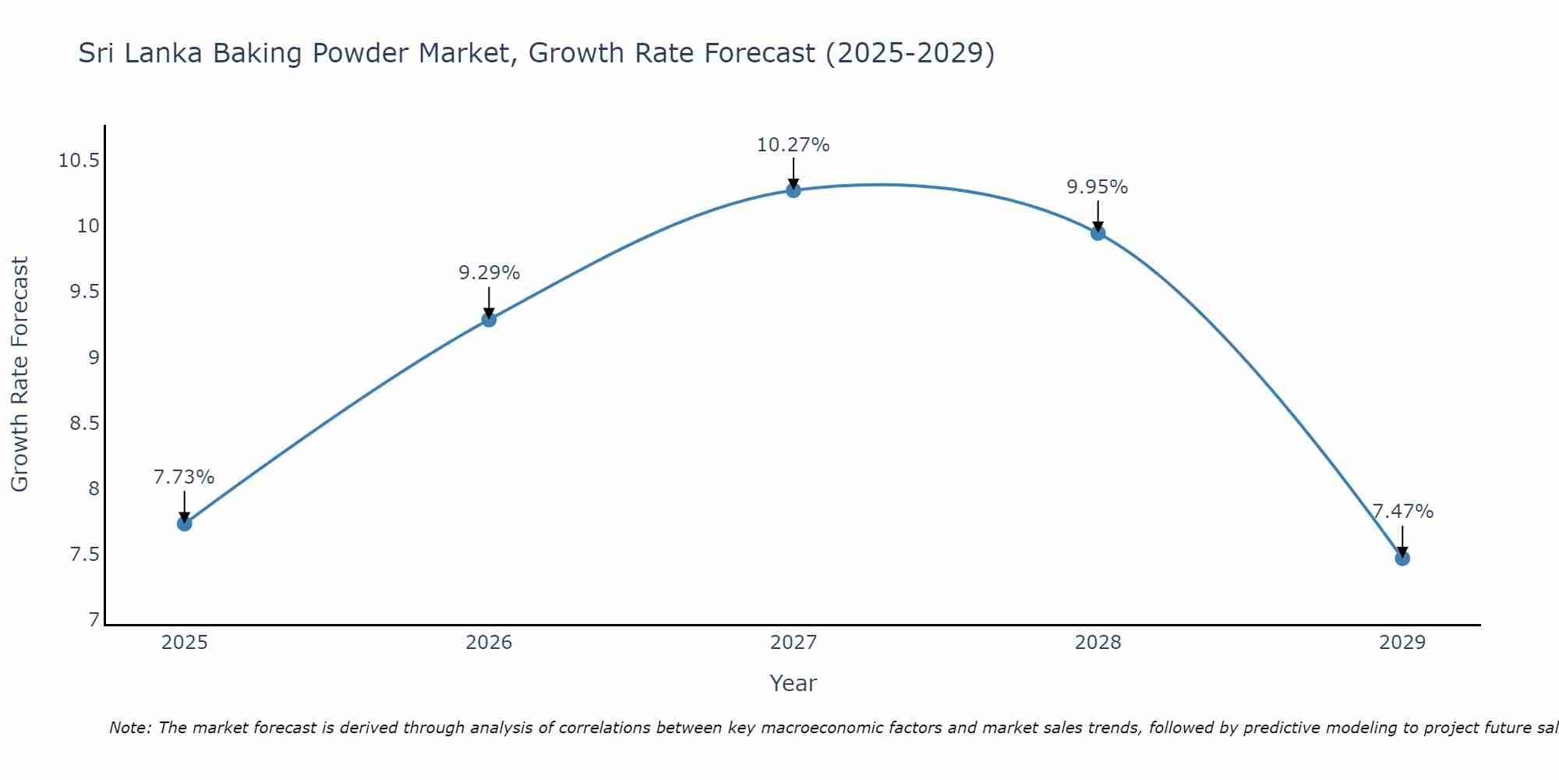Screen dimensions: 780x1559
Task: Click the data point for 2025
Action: [x=185, y=523]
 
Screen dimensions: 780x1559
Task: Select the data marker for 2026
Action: [x=489, y=319]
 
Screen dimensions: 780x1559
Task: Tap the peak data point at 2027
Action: [x=794, y=190]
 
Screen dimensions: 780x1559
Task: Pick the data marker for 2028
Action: [x=1098, y=232]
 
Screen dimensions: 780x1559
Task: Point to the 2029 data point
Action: [x=1402, y=558]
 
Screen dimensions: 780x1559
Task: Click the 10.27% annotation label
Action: [x=794, y=145]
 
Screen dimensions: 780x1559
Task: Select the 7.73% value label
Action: [x=184, y=477]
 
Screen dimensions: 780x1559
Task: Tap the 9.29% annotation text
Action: [x=489, y=273]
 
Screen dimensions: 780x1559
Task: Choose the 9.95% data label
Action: [x=1098, y=187]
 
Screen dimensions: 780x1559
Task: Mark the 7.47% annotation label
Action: [x=1402, y=512]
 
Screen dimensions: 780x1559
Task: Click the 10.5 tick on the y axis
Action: [x=79, y=161]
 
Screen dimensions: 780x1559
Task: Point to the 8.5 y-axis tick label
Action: [x=84, y=424]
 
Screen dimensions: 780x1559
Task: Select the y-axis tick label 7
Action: [x=94, y=620]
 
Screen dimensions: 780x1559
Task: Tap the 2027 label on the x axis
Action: [x=794, y=643]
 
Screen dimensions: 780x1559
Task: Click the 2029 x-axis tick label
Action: [x=1402, y=643]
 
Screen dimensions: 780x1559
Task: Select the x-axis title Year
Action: [x=794, y=683]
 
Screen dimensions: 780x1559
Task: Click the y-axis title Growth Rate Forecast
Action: [x=19, y=374]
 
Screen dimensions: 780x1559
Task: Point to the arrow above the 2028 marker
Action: [x=1098, y=214]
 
